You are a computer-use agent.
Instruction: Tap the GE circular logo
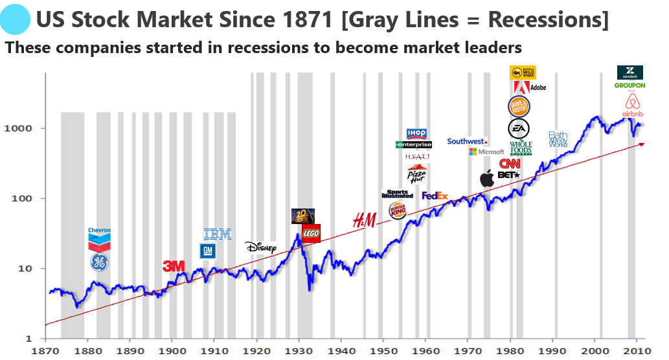pyautogui.click(x=99, y=262)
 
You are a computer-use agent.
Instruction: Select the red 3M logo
pyautogui.click(x=174, y=266)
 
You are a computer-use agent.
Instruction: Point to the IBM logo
pyautogui.click(x=217, y=234)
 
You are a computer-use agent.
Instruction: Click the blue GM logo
pyautogui.click(x=207, y=251)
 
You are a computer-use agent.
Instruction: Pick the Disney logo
pyautogui.click(x=260, y=247)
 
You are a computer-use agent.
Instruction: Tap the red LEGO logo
pyautogui.click(x=311, y=233)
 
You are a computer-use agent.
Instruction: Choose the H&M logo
pyautogui.click(x=364, y=221)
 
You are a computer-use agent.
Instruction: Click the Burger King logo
pyautogui.click(x=398, y=210)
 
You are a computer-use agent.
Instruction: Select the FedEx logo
pyautogui.click(x=435, y=196)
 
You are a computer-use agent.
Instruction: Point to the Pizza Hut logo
pyautogui.click(x=416, y=174)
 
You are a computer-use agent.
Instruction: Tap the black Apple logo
pyautogui.click(x=487, y=179)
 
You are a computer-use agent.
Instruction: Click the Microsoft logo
pyautogui.click(x=486, y=152)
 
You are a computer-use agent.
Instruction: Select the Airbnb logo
pyautogui.click(x=631, y=105)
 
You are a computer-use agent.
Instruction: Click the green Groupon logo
pyautogui.click(x=629, y=85)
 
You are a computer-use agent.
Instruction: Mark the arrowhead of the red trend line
pyautogui.click(x=641, y=144)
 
